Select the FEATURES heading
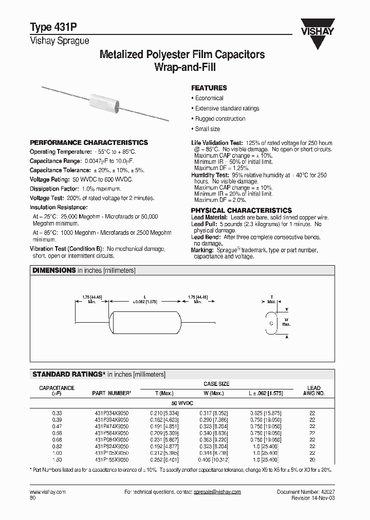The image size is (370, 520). click(x=209, y=88)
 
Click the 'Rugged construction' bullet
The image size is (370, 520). click(x=220, y=119)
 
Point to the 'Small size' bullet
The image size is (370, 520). click(x=208, y=129)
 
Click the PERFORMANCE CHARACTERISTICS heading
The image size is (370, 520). click(x=89, y=142)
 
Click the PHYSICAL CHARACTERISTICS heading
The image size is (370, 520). click(x=241, y=211)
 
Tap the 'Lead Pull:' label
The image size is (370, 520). click(x=204, y=225)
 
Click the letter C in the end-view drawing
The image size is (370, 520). click(x=271, y=323)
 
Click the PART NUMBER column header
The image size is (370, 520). click(x=111, y=394)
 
